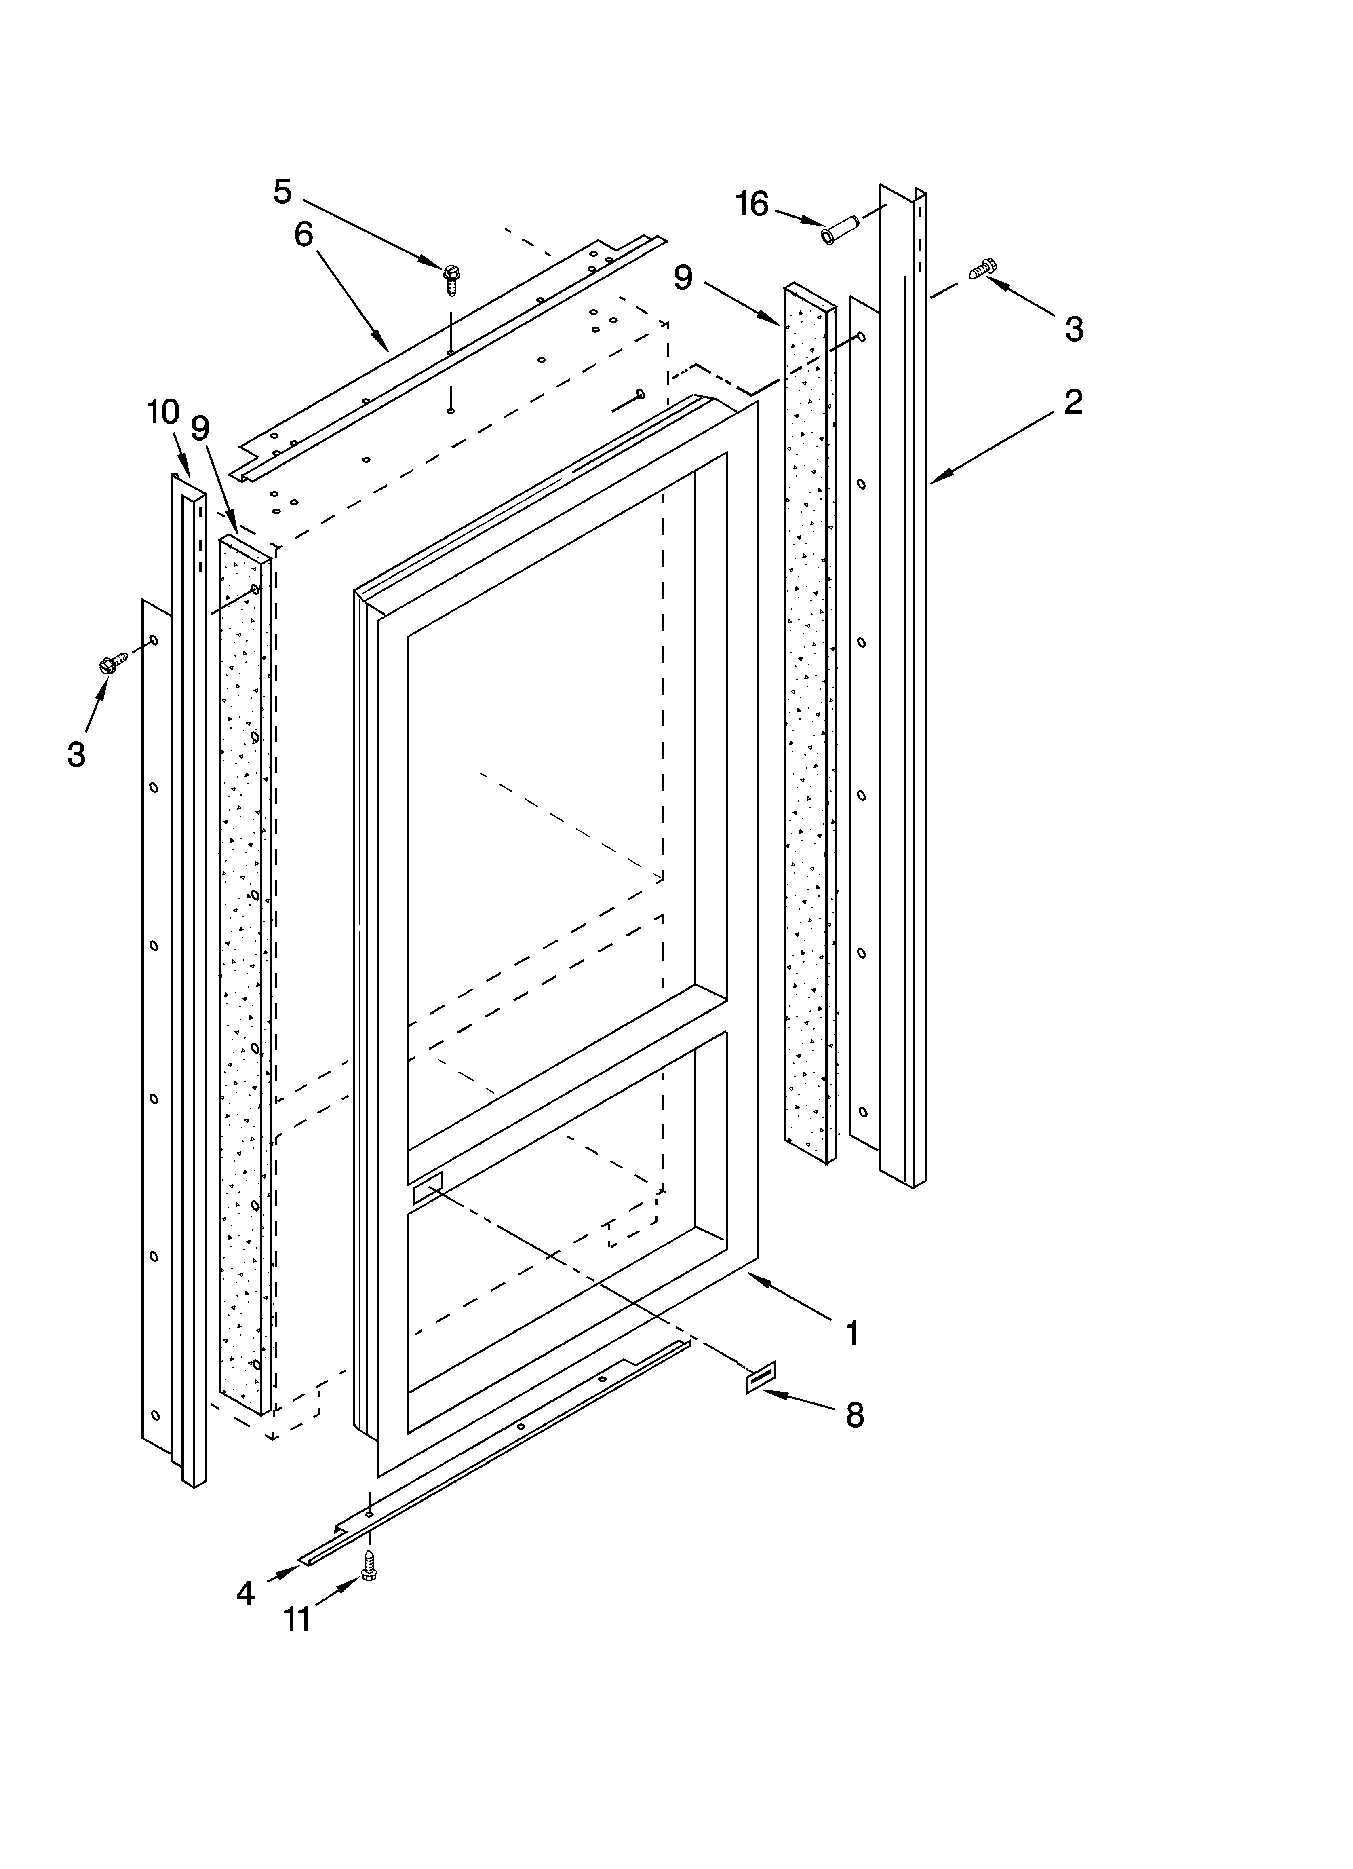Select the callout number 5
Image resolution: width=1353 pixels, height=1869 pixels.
[282, 191]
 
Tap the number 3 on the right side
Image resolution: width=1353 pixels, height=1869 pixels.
[1074, 329]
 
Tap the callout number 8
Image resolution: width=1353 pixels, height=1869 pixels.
[854, 1416]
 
